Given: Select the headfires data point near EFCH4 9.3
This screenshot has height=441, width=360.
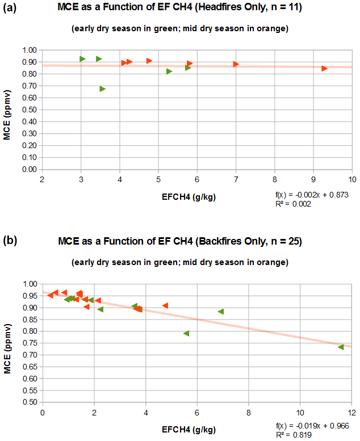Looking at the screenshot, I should point(324,68).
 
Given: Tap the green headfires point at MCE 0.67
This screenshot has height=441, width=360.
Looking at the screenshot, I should point(102,89).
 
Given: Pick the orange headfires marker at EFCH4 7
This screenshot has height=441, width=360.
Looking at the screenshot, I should point(236,64).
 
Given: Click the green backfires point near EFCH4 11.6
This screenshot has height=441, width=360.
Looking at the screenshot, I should point(341,347).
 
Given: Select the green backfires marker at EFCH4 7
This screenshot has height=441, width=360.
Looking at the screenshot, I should point(221,312).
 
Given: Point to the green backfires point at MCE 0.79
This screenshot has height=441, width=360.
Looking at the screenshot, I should point(186,333).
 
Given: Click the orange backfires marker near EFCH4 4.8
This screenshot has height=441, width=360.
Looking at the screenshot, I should point(165,305).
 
